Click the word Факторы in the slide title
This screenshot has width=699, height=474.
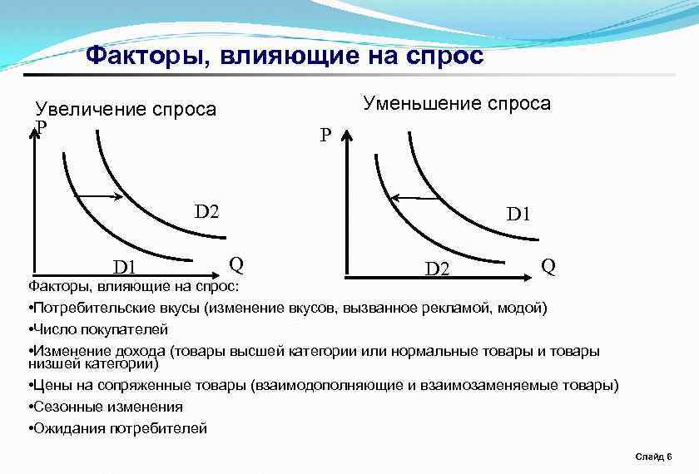pos(137,56)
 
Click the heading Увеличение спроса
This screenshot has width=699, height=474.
pos(126,110)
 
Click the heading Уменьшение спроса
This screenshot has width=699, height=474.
pos(457,103)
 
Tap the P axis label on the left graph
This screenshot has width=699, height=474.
pos(41,127)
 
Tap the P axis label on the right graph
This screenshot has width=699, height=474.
pos(325,135)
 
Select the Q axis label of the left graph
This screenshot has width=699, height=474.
pos(236,264)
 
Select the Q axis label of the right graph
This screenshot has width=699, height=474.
pos(548,266)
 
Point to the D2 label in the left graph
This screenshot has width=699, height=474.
pos(206,210)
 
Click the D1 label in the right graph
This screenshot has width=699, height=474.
pos(518,215)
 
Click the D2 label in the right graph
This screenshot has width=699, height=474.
pos(438,269)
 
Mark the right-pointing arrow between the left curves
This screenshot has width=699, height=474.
pos(100,196)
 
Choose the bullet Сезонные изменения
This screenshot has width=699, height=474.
pos(107,407)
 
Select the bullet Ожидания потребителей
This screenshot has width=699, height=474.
pos(120,428)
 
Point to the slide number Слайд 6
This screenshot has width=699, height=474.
pos(653,457)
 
